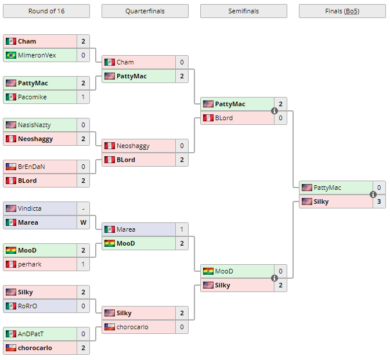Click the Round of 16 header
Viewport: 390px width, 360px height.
tap(46, 11)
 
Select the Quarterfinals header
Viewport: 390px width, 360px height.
tap(145, 11)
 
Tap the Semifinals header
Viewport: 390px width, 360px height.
tap(243, 11)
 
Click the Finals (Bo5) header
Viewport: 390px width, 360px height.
tap(342, 11)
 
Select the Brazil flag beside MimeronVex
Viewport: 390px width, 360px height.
tap(11, 55)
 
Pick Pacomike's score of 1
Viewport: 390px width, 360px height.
tap(83, 97)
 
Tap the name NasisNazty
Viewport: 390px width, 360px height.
tap(35, 125)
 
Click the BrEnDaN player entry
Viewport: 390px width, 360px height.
tap(31, 167)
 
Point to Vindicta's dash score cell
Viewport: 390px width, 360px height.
tap(83, 208)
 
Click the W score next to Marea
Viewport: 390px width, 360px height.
tap(83, 222)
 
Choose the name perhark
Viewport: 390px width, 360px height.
tap(30, 264)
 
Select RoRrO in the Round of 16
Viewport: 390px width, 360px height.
tap(27, 306)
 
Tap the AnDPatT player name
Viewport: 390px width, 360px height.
tap(31, 334)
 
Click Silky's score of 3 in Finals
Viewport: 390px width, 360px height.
tap(379, 201)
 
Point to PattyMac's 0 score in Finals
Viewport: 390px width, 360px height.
tap(379, 188)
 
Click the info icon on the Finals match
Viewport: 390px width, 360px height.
tap(373, 195)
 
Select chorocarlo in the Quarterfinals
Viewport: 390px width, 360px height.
tap(132, 327)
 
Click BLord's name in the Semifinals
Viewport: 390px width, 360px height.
tap(223, 118)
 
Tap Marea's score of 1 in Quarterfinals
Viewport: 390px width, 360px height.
tap(182, 229)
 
